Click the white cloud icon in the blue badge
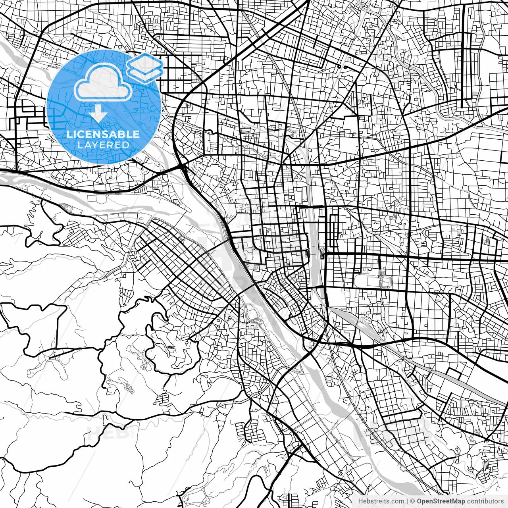pos(104,82)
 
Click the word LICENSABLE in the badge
pos(103,134)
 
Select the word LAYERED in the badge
pos(103,145)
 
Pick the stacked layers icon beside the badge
pos(145,67)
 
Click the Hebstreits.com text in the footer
pos(381,501)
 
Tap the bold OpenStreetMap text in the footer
pos(441,501)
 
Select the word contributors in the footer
pos(485,501)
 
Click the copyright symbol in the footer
pos(413,501)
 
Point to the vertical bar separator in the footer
pos(407,501)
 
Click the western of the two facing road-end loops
pos(339,67)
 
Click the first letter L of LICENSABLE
pos(69,134)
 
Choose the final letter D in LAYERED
pos(127,145)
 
